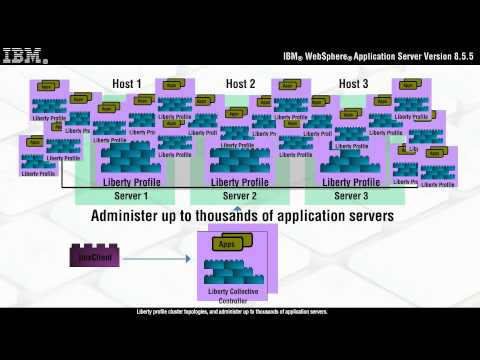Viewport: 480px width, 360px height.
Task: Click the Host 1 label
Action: (127, 84)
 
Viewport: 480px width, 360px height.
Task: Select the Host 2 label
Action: (240, 84)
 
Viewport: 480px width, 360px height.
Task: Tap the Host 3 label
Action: (354, 84)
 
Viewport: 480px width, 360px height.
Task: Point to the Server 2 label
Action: (240, 196)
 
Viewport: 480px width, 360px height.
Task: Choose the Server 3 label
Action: (353, 196)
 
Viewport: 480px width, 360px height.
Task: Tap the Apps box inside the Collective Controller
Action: (225, 244)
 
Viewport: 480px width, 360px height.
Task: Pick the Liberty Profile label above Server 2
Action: (240, 182)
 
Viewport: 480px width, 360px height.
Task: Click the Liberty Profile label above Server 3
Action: (351, 182)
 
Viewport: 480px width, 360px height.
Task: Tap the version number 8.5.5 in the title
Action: (457, 56)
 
